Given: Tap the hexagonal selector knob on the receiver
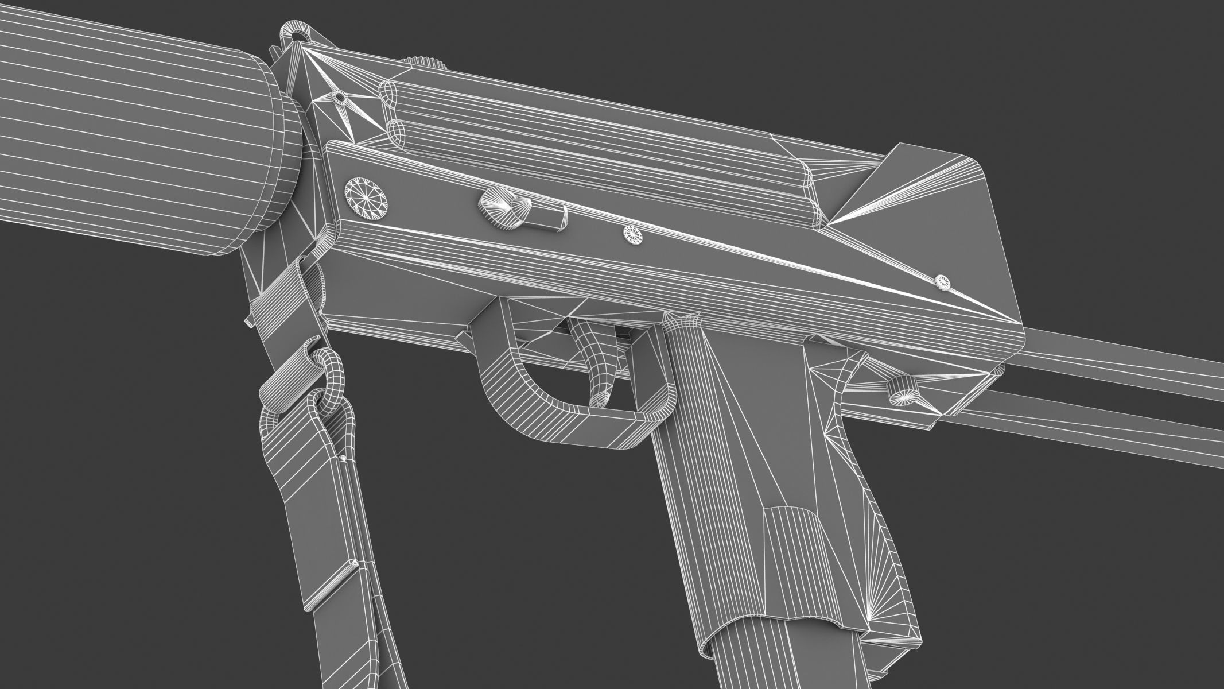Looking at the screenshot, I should click(x=500, y=208).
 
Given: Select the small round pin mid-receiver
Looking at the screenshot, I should click(x=634, y=234).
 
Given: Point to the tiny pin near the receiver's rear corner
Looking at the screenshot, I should click(x=942, y=282).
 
